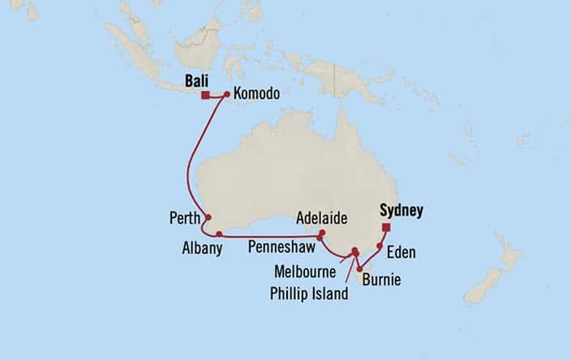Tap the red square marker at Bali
(206, 95)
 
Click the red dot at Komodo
(226, 95)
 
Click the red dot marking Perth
(208, 217)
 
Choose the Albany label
(202, 249)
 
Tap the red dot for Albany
(220, 234)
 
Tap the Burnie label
(382, 281)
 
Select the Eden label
(401, 253)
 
